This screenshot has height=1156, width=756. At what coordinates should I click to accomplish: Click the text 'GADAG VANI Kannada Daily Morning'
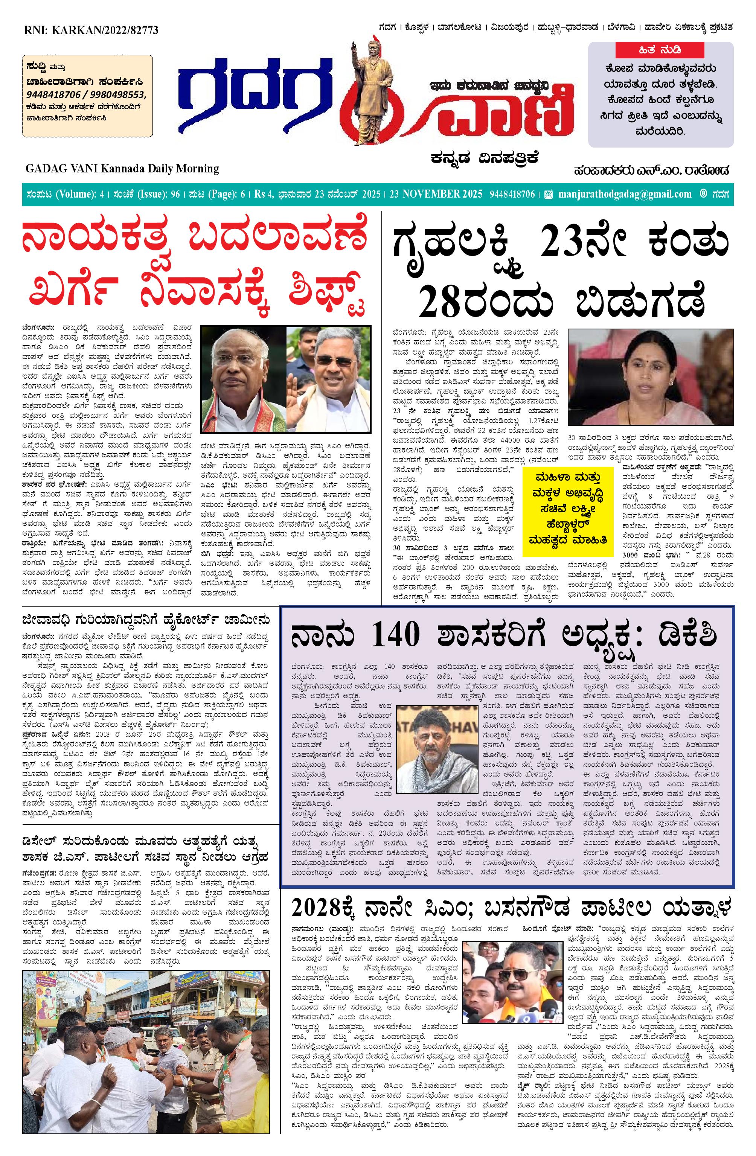click(x=122, y=169)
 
